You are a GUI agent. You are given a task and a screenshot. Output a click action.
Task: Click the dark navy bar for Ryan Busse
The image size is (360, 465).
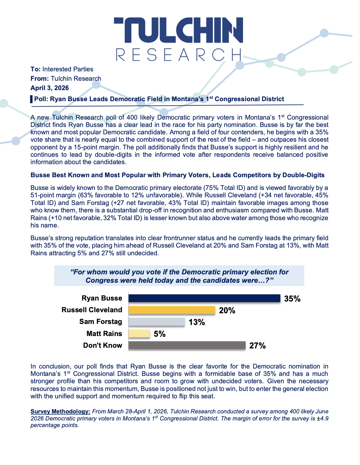(204, 298)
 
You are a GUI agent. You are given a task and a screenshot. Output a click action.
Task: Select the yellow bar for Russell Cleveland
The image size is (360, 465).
(172, 310)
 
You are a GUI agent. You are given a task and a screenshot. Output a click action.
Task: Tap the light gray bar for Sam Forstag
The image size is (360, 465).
(157, 322)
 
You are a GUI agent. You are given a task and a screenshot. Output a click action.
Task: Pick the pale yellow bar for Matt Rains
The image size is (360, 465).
(139, 334)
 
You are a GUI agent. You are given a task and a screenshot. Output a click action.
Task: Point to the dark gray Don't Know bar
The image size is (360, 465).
(187, 345)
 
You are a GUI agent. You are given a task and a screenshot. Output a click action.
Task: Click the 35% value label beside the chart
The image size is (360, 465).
(292, 299)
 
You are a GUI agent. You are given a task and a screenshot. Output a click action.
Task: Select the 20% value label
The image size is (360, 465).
(227, 311)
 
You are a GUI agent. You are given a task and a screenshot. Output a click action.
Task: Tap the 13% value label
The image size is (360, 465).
(197, 322)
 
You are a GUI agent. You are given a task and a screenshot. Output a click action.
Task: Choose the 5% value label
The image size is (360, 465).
(160, 334)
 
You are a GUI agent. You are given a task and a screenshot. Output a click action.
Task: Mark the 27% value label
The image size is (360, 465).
(257, 346)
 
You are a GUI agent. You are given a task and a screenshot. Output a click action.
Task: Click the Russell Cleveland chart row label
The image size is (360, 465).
(92, 310)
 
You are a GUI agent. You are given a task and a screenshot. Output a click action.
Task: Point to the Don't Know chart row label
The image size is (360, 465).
(103, 345)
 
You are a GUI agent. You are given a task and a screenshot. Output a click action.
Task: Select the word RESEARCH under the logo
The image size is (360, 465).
(179, 55)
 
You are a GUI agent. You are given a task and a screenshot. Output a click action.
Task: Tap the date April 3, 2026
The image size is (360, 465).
(50, 88)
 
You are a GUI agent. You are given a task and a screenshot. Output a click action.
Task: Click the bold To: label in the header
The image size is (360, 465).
(36, 69)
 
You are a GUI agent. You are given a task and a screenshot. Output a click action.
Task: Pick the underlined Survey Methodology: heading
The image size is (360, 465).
(60, 411)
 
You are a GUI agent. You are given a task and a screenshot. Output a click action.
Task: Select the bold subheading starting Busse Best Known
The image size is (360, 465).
(177, 175)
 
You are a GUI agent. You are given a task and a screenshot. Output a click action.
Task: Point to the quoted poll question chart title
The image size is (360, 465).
(179, 276)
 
